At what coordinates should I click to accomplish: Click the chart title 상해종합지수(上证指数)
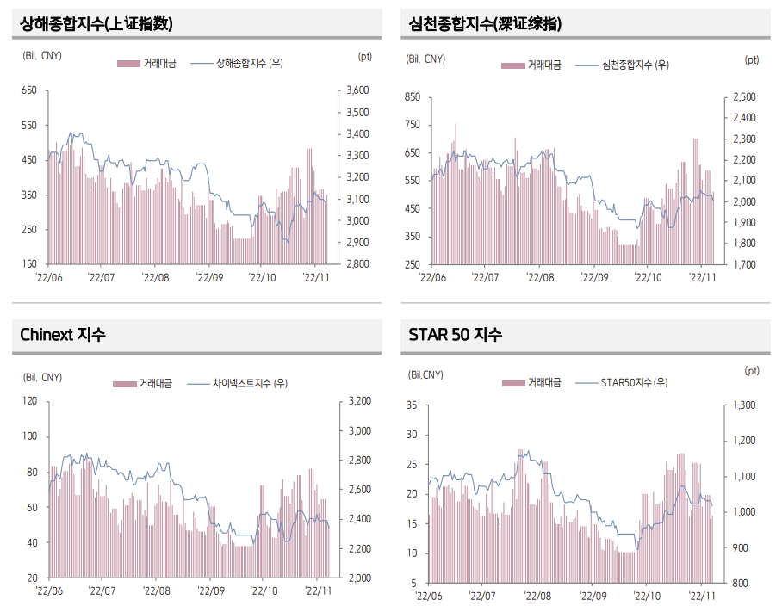pos(96,24)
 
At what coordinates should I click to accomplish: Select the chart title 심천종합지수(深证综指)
pos(485,24)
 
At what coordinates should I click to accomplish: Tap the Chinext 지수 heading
pos(63,335)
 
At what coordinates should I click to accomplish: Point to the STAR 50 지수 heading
pos(456,335)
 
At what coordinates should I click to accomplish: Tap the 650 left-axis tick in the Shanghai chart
pos(28,90)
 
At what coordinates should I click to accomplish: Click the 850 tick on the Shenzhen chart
pos(412,97)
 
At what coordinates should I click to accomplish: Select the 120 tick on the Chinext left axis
pos(30,401)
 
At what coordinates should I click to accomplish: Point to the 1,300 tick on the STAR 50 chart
pos(743,405)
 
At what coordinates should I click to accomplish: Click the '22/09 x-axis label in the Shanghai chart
pos(209,277)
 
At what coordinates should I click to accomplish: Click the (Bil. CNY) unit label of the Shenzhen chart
pos(425,59)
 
